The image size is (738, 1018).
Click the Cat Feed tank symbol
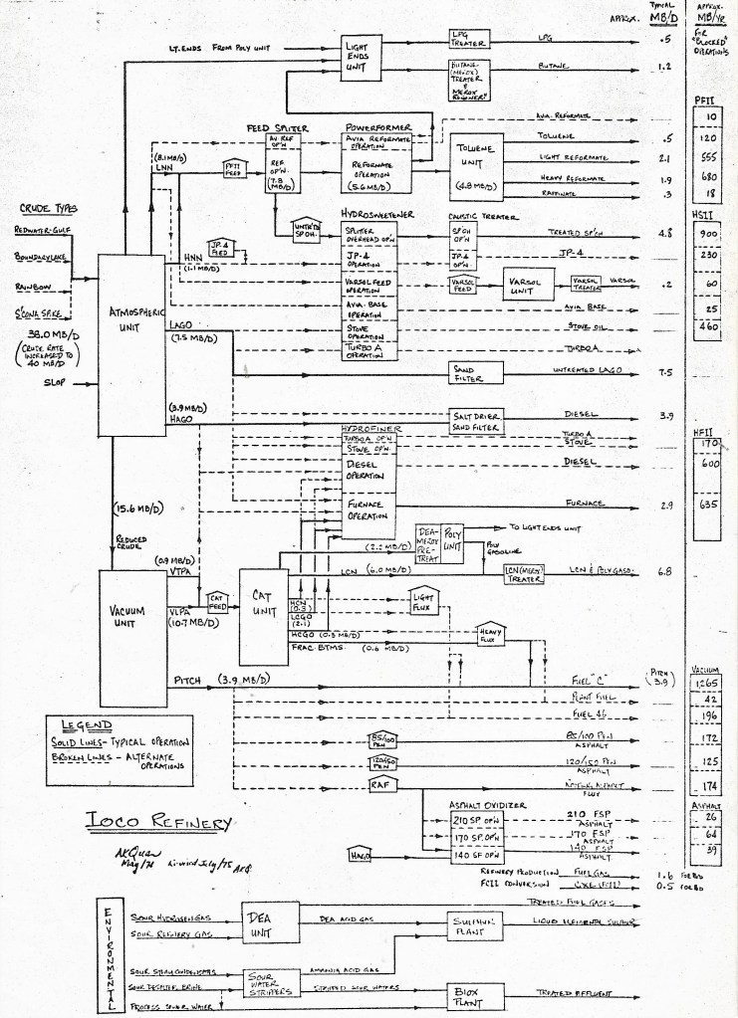coord(217,600)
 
